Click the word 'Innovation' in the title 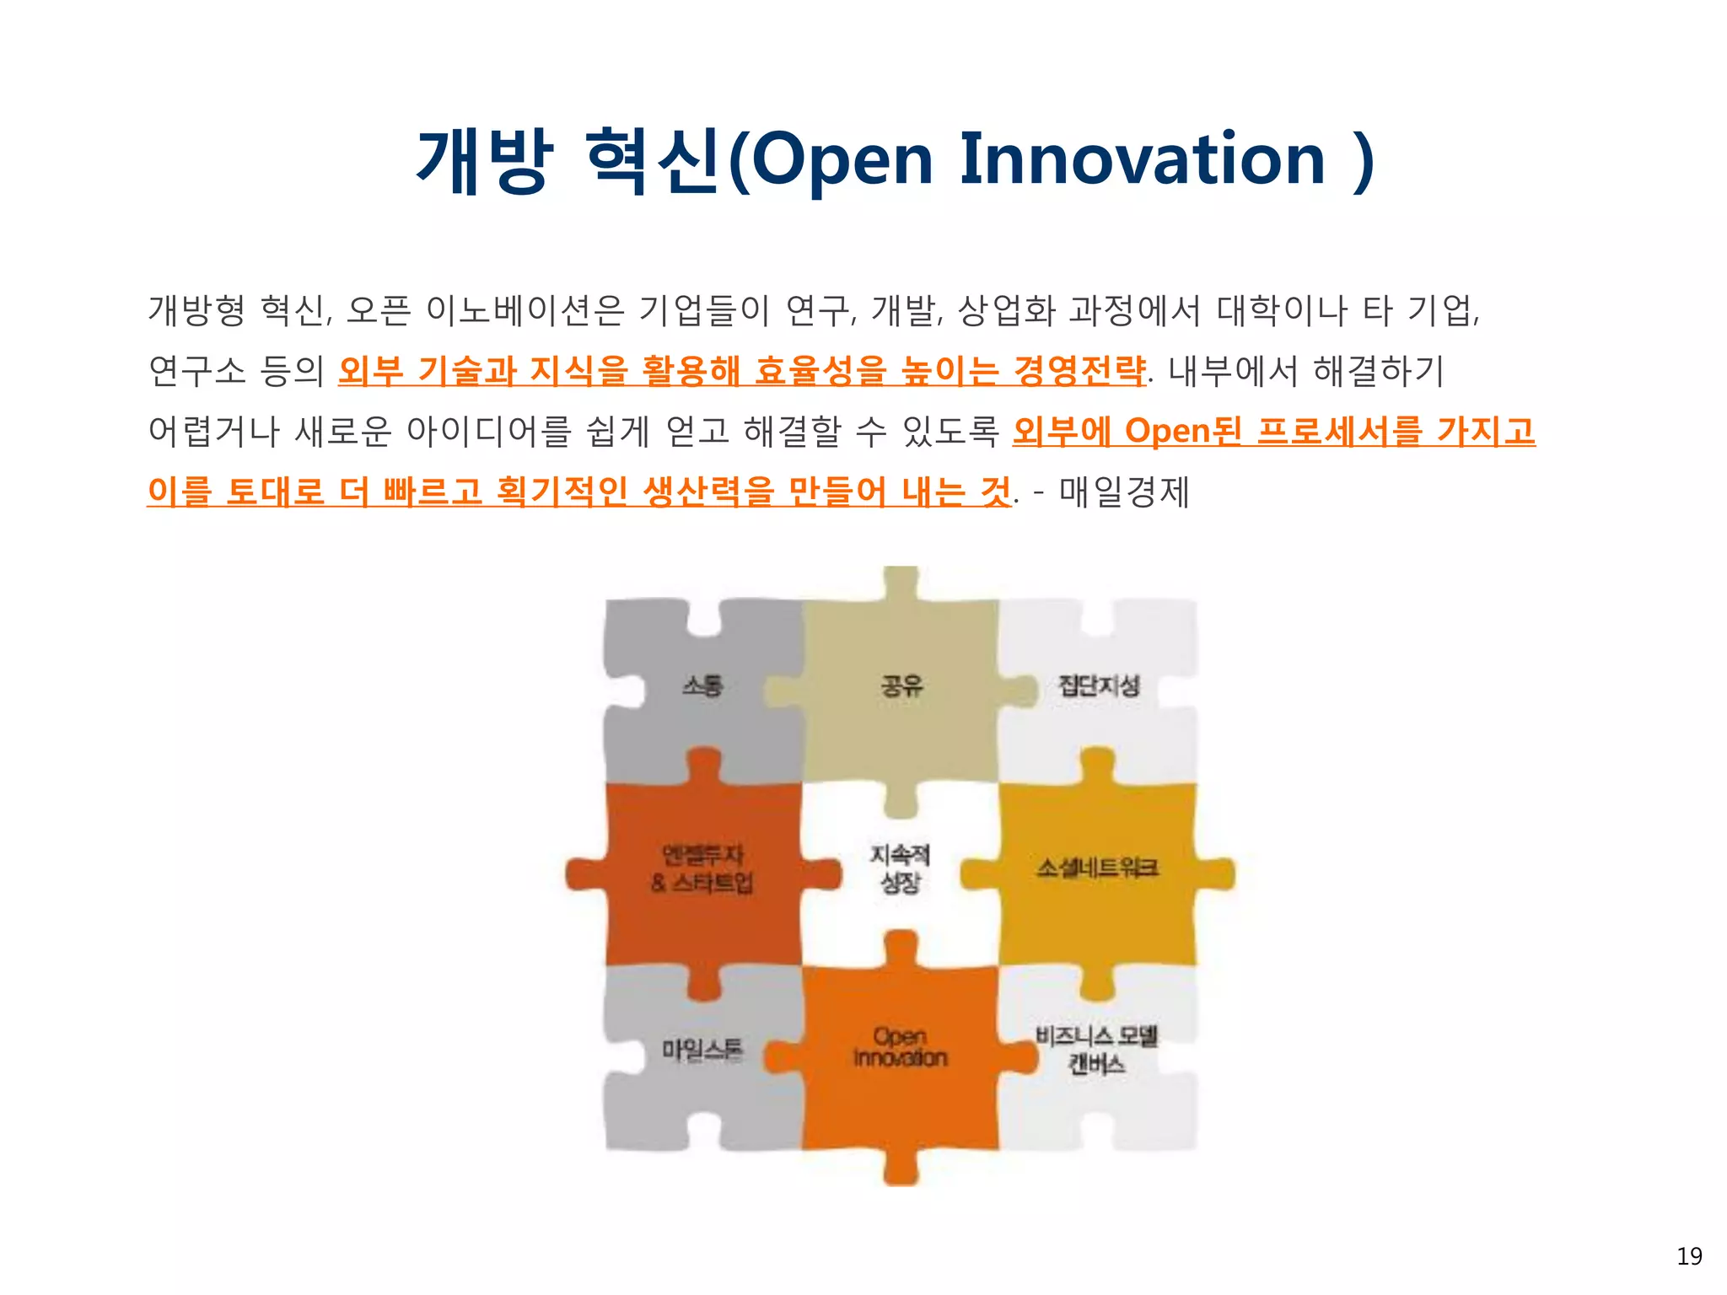pyautogui.click(x=1143, y=159)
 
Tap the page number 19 pyautogui.click(x=1689, y=1256)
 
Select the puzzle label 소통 pyautogui.click(x=702, y=685)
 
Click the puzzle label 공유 pyautogui.click(x=901, y=685)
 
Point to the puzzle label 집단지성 pyautogui.click(x=1099, y=685)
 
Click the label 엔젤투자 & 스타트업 pyautogui.click(x=702, y=869)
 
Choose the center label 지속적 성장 pyautogui.click(x=900, y=869)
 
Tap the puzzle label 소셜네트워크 pyautogui.click(x=1098, y=868)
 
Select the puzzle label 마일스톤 pyautogui.click(x=702, y=1051)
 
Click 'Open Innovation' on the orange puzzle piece pyautogui.click(x=900, y=1047)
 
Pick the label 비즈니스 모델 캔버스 pyautogui.click(x=1097, y=1051)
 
